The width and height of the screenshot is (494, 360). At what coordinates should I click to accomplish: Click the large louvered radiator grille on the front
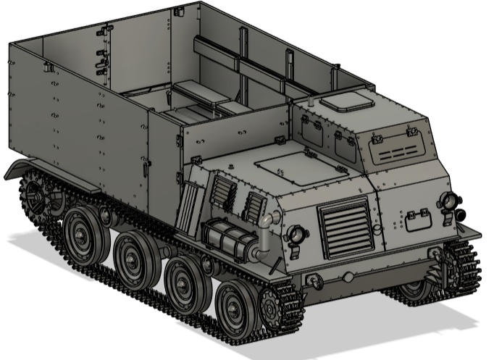click(x=346, y=226)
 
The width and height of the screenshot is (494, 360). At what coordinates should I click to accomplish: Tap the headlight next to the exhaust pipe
click(x=296, y=234)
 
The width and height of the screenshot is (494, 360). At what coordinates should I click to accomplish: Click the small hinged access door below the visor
click(x=419, y=218)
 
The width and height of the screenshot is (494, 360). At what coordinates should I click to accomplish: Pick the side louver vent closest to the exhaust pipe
click(x=254, y=206)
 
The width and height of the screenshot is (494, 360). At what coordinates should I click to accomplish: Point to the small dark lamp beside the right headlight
click(x=461, y=214)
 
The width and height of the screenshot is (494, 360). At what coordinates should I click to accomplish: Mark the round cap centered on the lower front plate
click(x=348, y=277)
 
